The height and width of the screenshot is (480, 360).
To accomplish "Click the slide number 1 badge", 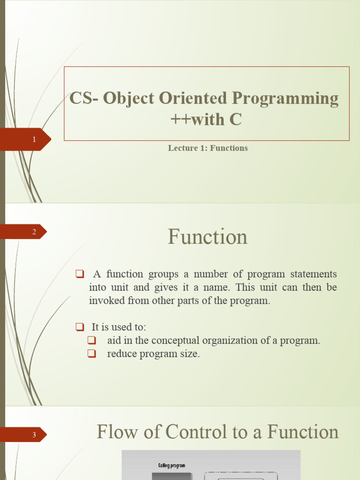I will pyautogui.click(x=34, y=139).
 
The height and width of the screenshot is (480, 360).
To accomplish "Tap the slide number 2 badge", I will pyautogui.click(x=34, y=232).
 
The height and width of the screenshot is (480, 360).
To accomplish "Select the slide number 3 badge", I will pyautogui.click(x=34, y=435).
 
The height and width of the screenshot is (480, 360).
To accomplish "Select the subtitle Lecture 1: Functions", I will pyautogui.click(x=208, y=148).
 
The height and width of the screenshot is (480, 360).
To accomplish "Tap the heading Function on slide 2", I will pyautogui.click(x=208, y=237).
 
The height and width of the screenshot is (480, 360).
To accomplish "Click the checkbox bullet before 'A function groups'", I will pyautogui.click(x=79, y=274).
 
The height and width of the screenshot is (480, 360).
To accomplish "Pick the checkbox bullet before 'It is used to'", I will pyautogui.click(x=79, y=327).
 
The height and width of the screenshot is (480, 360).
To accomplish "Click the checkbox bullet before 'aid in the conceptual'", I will pyautogui.click(x=91, y=340).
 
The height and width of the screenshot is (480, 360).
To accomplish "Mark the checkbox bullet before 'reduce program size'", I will pyautogui.click(x=91, y=354).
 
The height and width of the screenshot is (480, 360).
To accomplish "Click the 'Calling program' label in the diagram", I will pyautogui.click(x=171, y=465).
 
